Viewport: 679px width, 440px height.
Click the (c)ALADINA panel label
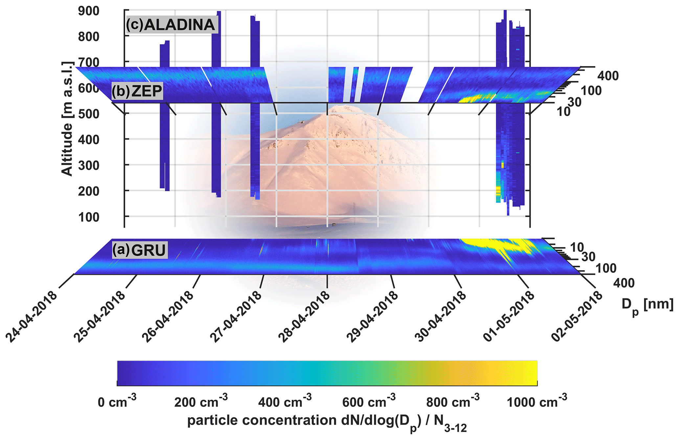point(170,25)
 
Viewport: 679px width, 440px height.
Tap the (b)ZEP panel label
point(137,91)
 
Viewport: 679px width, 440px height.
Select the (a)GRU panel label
point(139,250)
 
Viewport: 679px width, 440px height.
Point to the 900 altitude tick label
point(89,11)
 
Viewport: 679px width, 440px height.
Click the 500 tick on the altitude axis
point(89,114)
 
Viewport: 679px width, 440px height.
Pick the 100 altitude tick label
point(89,217)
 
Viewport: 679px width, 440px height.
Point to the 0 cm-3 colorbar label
point(117,401)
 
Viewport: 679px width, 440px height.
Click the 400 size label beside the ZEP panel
point(608,76)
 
